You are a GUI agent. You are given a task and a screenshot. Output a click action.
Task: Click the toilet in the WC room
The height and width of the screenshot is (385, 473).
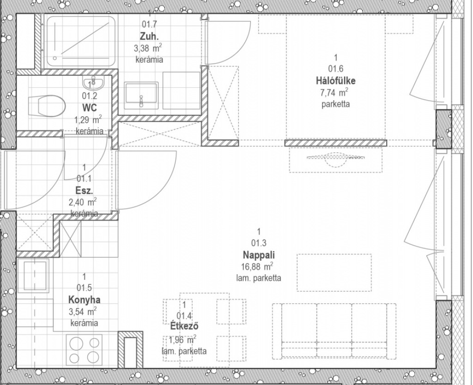[x=47, y=106]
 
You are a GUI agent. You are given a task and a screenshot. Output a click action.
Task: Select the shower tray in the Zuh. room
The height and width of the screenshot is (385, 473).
[x=81, y=41]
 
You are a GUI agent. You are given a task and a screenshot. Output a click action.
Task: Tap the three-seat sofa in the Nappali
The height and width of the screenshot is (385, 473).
[x=334, y=331]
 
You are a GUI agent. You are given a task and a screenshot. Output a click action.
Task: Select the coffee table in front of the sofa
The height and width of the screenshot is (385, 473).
[x=334, y=272]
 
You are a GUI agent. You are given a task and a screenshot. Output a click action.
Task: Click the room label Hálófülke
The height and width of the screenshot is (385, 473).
[x=336, y=81]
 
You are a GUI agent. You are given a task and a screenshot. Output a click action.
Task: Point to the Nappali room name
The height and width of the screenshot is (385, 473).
[x=259, y=255]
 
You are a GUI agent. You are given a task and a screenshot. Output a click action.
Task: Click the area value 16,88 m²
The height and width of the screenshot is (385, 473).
[x=257, y=266]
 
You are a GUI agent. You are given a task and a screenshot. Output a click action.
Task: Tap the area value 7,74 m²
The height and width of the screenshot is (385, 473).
[x=334, y=92]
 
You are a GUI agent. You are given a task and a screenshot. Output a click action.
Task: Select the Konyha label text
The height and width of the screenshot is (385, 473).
[x=84, y=300]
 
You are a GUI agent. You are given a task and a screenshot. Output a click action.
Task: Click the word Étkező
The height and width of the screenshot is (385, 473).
[x=184, y=326]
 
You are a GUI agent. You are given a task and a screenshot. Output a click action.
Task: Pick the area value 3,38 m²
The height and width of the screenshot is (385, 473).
[x=148, y=48]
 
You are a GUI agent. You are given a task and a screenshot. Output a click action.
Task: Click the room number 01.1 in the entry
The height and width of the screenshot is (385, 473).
[x=84, y=179]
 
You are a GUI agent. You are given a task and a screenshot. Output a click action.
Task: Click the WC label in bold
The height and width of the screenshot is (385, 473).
[x=90, y=108]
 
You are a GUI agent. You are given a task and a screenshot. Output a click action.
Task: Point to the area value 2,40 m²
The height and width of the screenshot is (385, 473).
[x=83, y=201]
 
